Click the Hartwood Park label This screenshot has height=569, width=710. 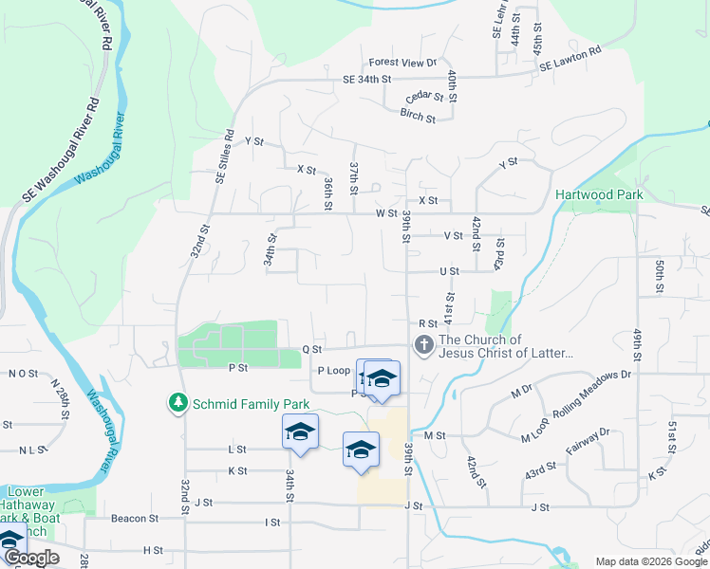tap(599, 194)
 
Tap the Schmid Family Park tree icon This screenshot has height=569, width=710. tap(177, 403)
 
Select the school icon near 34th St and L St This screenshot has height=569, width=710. tap(300, 431)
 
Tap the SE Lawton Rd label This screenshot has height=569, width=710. tap(570, 59)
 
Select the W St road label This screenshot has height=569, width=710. tap(385, 214)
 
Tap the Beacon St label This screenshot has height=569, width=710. tap(134, 519)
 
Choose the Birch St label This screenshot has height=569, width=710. tap(418, 119)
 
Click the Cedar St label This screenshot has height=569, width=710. tap(424, 97)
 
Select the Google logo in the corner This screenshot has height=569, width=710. tap(31, 558)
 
